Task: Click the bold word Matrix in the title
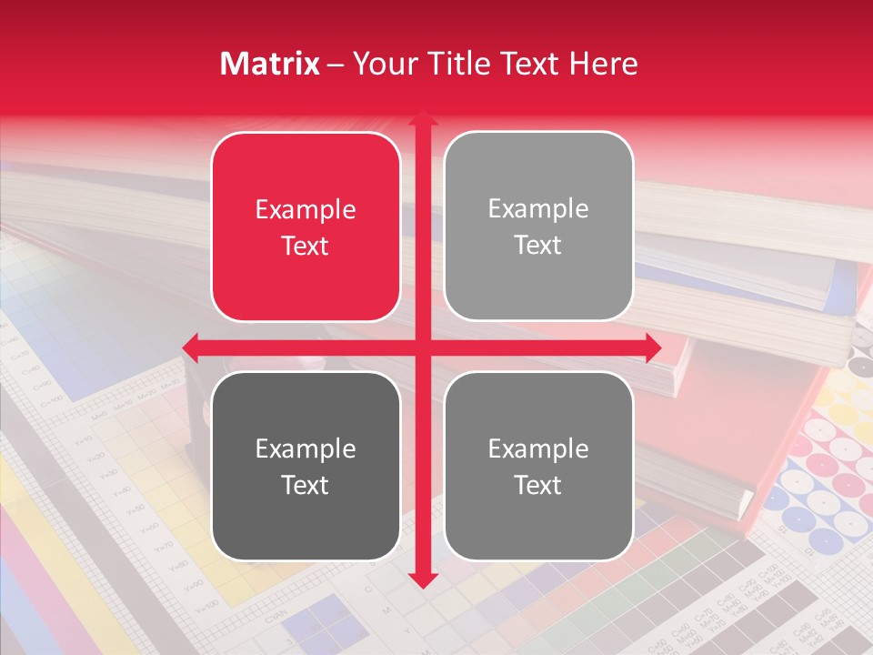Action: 270,64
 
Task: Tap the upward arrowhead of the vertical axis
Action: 422,118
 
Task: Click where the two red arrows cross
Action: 422,348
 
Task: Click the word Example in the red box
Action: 306,210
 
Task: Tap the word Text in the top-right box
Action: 538,246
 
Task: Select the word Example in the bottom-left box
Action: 306,449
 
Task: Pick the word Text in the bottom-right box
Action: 538,485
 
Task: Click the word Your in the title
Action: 382,64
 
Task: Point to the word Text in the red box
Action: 306,246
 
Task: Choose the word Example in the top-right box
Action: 538,209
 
